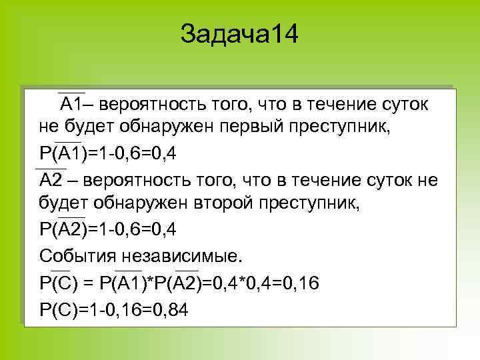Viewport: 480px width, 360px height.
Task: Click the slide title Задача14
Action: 240,34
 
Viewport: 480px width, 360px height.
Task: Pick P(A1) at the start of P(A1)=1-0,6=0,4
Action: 61,154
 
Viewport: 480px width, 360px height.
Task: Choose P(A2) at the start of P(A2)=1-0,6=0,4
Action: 63,231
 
